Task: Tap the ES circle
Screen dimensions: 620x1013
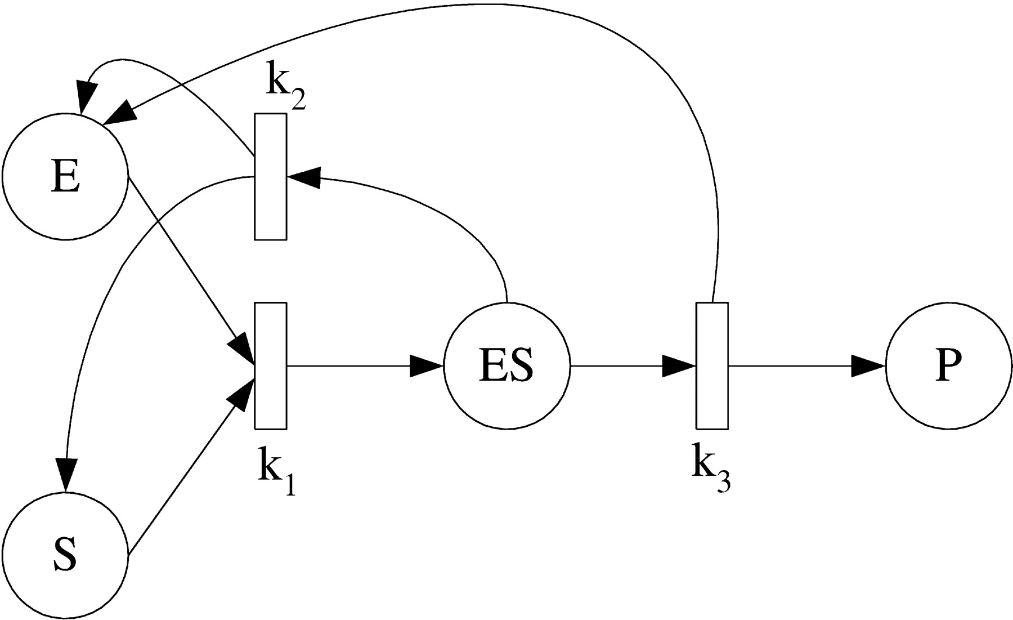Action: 507,366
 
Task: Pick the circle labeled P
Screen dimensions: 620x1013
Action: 949,366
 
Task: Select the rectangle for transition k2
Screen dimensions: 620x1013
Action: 271,177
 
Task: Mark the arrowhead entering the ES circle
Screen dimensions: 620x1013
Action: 427,366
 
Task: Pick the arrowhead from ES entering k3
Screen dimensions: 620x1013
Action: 679,366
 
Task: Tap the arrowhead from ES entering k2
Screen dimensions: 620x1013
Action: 304,177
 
